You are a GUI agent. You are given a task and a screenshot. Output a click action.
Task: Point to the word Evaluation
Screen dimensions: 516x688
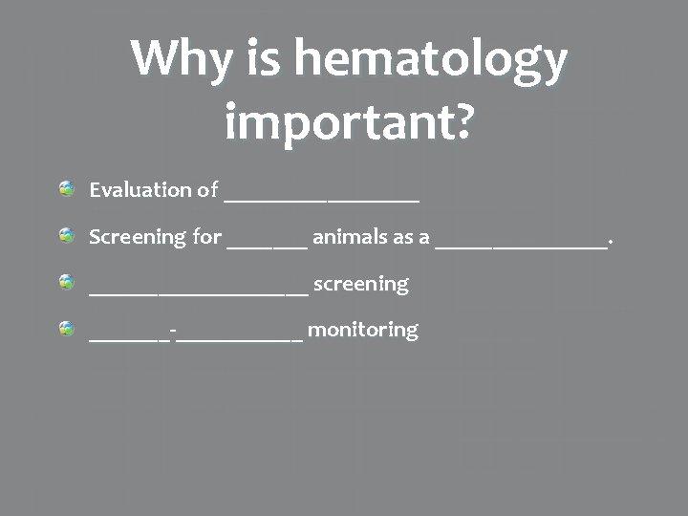tap(140, 189)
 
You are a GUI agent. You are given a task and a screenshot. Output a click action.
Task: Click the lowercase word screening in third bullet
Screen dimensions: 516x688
tap(360, 284)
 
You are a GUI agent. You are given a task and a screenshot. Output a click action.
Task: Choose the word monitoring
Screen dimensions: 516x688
tap(362, 330)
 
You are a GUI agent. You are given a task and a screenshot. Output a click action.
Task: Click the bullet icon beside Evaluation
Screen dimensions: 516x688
tap(66, 189)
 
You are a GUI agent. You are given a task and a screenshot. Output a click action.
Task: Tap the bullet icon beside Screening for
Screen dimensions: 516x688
tap(66, 236)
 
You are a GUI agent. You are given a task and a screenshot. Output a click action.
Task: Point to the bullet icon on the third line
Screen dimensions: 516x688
tap(66, 283)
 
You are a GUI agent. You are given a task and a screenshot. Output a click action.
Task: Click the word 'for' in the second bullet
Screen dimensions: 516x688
tap(207, 236)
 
